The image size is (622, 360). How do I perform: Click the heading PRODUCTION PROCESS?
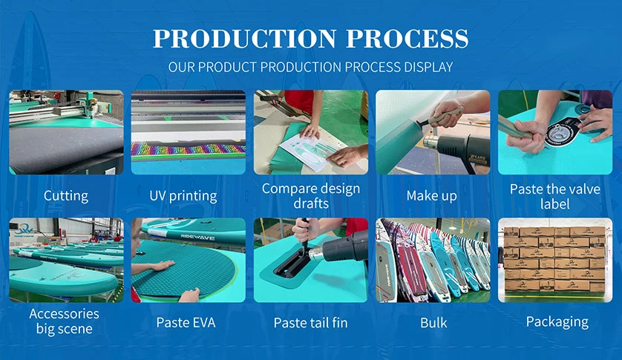310,39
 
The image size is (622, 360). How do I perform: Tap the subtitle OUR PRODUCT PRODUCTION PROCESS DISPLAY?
310,67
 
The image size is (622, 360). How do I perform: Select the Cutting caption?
66,196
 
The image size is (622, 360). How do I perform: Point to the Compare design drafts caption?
310,196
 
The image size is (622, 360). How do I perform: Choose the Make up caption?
432,196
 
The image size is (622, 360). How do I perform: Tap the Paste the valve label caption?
554,196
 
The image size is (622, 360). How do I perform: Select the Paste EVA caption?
188,322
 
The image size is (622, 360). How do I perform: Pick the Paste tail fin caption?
310,322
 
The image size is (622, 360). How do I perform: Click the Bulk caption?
433,322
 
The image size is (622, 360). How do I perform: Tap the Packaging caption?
557,321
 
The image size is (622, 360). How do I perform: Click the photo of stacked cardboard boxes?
554,260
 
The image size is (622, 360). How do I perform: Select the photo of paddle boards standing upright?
433,260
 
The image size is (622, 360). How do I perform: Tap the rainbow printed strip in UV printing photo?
188,149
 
